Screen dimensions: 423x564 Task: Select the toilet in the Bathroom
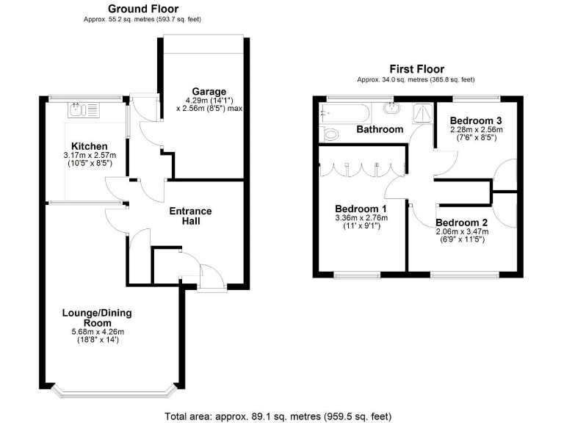pyautogui.click(x=330, y=134)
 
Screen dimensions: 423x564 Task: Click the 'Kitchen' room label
pyautogui.click(x=90, y=146)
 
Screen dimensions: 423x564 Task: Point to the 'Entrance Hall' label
pyautogui.click(x=190, y=216)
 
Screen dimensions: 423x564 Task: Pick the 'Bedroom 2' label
pyautogui.click(x=462, y=222)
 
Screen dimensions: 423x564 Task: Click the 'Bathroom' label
pyautogui.click(x=380, y=129)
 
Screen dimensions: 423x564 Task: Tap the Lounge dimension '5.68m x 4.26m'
pyautogui.click(x=97, y=331)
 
